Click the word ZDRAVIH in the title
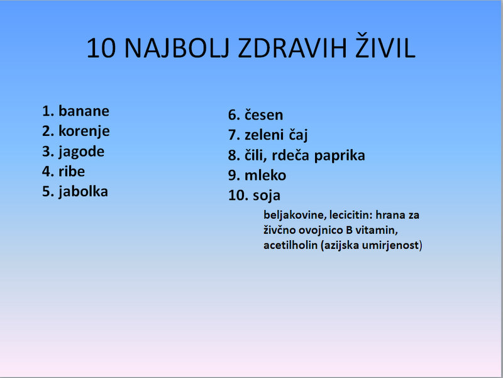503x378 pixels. coord(292,48)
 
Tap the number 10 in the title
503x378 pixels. coord(101,48)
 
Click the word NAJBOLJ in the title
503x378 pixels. coord(177,49)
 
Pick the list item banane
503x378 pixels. coord(84,111)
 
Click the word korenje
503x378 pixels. coord(84,131)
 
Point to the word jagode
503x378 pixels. coord(82,152)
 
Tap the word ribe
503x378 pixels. coord(72,171)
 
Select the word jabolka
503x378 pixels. coord(83,192)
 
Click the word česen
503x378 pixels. coord(263,115)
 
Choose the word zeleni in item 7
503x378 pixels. coord(264,135)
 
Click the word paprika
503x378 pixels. coord(340,156)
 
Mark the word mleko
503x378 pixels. coord(265,175)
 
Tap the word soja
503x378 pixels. coord(266,196)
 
